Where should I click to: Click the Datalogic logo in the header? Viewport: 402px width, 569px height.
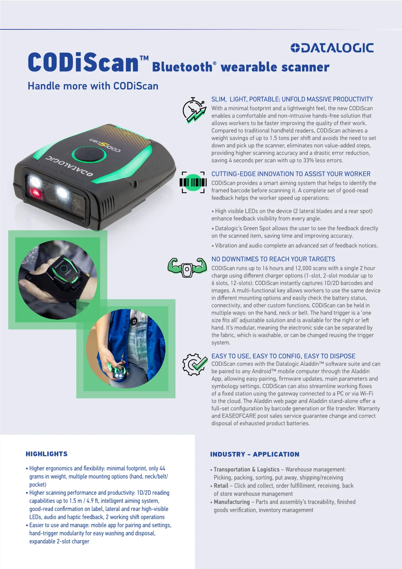coord(332,48)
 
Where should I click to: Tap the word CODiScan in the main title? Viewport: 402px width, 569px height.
coord(83,62)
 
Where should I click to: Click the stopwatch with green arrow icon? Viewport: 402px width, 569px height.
coord(194,110)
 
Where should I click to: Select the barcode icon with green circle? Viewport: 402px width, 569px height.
coord(193,182)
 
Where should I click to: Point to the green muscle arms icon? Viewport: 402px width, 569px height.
coord(187,268)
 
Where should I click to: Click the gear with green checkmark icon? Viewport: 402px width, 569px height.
coord(195,365)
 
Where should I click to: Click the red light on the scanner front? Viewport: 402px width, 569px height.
coord(36,192)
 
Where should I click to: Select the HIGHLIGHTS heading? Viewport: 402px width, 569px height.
coord(47,454)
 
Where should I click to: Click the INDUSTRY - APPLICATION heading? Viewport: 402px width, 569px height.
coord(255,454)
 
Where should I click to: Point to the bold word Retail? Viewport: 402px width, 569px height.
coord(221,486)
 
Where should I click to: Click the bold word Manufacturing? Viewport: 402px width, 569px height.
coord(232,502)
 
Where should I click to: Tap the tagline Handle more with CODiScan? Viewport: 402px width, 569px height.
coord(93,86)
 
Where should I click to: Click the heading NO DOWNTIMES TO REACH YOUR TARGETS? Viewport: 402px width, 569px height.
coord(273,259)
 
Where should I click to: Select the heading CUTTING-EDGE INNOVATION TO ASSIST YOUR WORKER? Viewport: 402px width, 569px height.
coord(291,174)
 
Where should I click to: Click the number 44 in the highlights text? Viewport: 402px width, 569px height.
coord(162,468)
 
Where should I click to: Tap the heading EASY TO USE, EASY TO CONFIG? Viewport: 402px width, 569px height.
coord(283,356)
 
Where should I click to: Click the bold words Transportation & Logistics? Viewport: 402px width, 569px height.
coord(246,469)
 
